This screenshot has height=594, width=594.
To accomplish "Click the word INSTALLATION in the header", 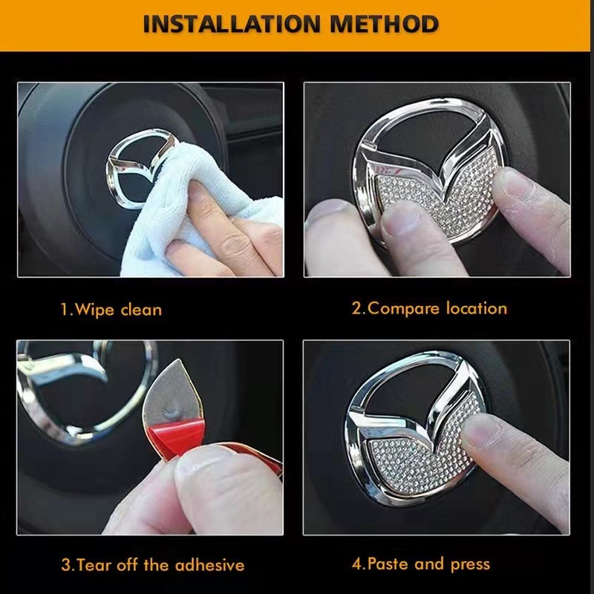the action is [x=232, y=24].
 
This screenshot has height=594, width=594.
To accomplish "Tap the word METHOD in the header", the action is [x=384, y=24].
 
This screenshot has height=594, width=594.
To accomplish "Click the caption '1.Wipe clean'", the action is [x=111, y=310].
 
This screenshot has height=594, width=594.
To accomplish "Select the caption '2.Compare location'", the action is [x=429, y=308].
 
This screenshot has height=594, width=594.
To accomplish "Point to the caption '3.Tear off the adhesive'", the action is [x=153, y=565].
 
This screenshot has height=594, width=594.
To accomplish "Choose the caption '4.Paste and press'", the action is [x=421, y=564].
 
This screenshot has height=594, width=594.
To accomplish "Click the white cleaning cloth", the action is [x=197, y=212].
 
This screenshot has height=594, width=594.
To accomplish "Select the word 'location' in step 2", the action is [x=477, y=308].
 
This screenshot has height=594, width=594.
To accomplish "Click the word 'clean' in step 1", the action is [x=141, y=310].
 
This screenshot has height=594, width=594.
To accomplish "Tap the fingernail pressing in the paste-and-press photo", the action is [x=481, y=430].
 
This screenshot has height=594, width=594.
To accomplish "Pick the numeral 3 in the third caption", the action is [x=66, y=565].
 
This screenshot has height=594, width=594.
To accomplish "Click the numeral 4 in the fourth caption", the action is [x=357, y=564].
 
